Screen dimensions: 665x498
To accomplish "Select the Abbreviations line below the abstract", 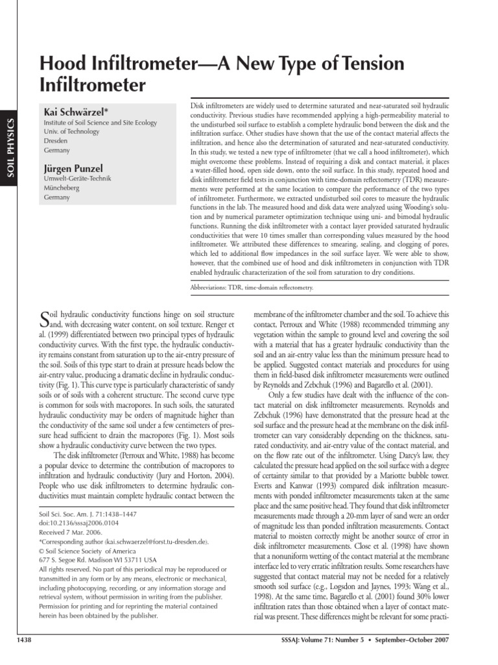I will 252,286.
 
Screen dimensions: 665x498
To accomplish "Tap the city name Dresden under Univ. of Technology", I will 56,140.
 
